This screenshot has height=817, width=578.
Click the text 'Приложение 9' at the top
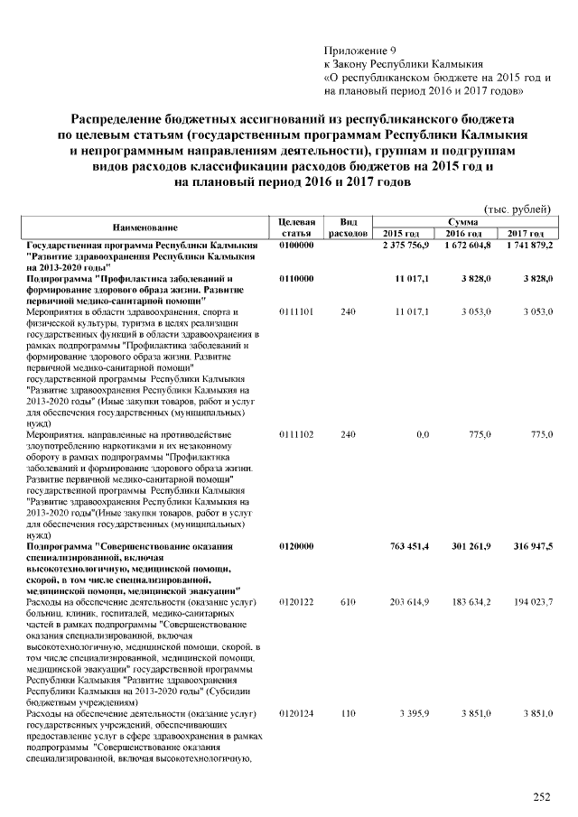point(359,51)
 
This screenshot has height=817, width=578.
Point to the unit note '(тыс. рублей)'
point(518,209)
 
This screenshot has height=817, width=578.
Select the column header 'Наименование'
point(144,227)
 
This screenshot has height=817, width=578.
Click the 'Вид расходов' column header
point(348,227)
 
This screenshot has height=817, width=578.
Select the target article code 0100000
point(296,246)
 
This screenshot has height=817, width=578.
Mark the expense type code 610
point(348,600)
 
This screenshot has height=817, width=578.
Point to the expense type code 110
point(348,714)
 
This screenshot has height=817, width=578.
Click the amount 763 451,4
point(408,546)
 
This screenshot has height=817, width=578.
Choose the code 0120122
point(296,600)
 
